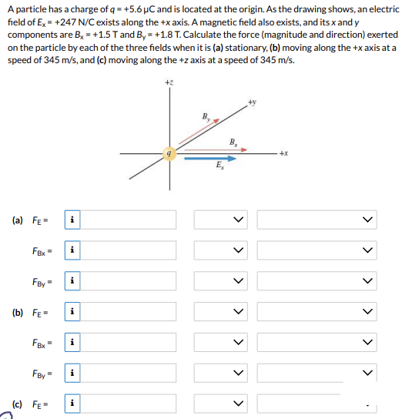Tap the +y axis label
pyautogui.click(x=252, y=101)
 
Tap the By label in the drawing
pyautogui.click(x=206, y=117)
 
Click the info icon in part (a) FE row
pyautogui.click(x=72, y=220)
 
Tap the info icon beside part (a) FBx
pyautogui.click(x=72, y=250)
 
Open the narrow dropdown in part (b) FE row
pyautogui.click(x=222, y=312)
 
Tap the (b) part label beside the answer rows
pyautogui.click(x=18, y=312)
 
